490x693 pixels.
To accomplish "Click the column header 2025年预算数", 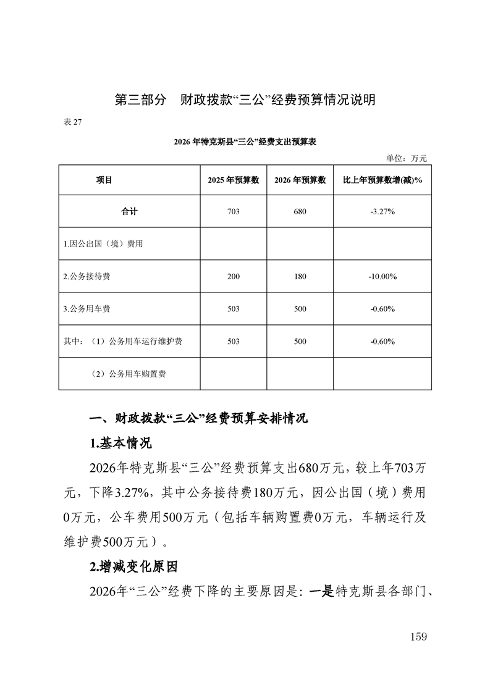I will [233, 180].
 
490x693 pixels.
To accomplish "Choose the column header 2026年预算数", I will [300, 180].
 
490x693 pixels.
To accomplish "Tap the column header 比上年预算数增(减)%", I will [382, 180].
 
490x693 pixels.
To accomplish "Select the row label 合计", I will [129, 212].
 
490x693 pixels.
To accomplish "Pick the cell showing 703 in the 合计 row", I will [233, 212].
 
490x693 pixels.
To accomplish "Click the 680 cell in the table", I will [300, 212].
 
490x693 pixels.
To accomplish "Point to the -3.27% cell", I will [382, 212].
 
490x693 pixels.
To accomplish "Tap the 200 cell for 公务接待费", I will [233, 277].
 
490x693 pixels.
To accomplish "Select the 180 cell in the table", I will [300, 277].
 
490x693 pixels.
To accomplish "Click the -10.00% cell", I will [382, 277].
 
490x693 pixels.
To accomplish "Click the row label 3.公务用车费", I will [87, 309].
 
